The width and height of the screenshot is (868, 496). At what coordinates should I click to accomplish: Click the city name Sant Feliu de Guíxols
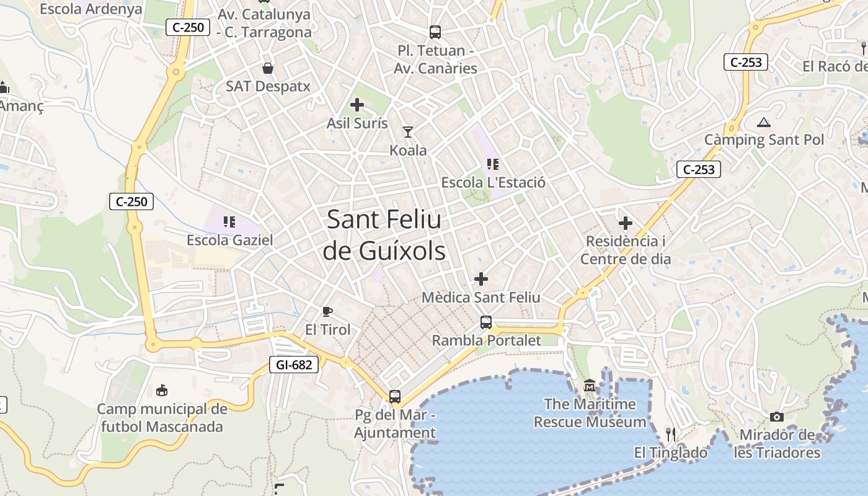(384, 235)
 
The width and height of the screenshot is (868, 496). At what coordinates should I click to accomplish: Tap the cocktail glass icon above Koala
(408, 131)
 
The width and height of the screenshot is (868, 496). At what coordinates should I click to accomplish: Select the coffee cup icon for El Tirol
(327, 311)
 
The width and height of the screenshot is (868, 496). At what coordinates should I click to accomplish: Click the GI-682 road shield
(294, 365)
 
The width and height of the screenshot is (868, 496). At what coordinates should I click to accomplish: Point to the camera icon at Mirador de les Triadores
(776, 417)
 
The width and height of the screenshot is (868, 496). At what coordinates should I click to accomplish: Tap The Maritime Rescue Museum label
(590, 413)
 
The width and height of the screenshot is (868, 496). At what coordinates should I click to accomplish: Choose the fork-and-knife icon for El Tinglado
(670, 433)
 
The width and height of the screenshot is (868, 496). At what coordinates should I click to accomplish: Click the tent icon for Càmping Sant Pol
(763, 122)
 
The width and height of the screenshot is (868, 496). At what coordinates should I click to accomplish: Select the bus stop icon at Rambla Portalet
(486, 322)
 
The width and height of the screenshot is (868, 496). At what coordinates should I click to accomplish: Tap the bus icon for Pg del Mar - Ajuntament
(395, 396)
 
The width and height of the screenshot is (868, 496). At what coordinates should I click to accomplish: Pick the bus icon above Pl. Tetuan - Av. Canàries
(435, 32)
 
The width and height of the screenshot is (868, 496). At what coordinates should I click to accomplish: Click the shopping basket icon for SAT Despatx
(268, 68)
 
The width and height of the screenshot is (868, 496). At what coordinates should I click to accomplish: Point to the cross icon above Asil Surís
(357, 105)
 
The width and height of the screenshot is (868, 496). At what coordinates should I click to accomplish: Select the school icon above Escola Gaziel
(229, 221)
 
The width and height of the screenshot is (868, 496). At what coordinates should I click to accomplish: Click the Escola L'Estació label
(493, 182)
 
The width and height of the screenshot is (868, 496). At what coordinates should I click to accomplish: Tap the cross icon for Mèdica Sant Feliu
(481, 279)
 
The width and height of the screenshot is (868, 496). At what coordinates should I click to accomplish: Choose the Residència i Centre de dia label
(626, 250)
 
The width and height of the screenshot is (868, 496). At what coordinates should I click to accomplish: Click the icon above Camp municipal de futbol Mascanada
(162, 390)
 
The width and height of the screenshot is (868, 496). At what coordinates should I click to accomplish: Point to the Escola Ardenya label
(91, 9)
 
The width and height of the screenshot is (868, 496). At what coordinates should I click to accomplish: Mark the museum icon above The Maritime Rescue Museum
(589, 386)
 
